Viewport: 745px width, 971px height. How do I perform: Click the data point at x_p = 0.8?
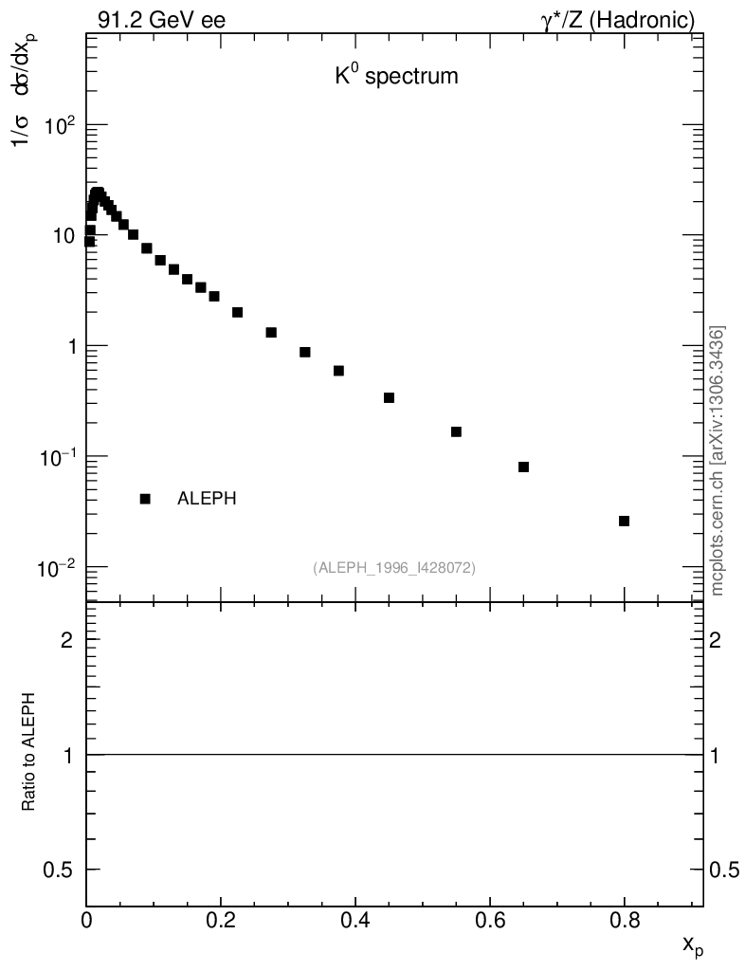click(x=624, y=521)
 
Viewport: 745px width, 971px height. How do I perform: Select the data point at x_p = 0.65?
click(x=523, y=467)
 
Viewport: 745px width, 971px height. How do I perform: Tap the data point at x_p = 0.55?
click(x=456, y=431)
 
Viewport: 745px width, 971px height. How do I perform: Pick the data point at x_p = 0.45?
click(x=389, y=397)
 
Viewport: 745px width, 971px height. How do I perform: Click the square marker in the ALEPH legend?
click(x=145, y=499)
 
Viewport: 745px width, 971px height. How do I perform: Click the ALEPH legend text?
click(x=207, y=499)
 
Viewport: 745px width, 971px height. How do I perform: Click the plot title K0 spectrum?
click(x=396, y=77)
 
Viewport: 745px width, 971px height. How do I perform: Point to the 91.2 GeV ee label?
click(x=161, y=20)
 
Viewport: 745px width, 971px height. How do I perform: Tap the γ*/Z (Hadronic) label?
click(x=618, y=20)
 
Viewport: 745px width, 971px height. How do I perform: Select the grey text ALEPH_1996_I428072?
click(x=394, y=567)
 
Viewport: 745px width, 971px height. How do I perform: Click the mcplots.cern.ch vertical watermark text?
click(x=718, y=461)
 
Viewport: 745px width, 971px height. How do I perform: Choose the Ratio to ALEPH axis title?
click(x=29, y=748)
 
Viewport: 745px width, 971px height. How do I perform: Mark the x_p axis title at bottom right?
click(x=693, y=944)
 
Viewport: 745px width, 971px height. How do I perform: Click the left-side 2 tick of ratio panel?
click(x=67, y=640)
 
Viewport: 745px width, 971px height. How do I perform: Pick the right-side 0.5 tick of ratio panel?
click(x=728, y=870)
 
